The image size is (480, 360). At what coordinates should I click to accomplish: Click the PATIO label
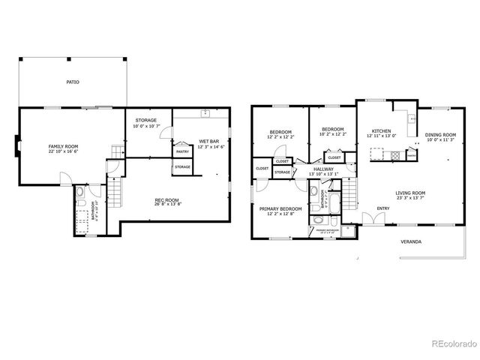tap(72, 82)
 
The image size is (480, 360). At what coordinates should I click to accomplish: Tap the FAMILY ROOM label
tap(63, 145)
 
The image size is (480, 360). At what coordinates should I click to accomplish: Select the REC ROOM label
tap(166, 199)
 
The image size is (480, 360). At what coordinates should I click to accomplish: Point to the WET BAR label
tap(208, 141)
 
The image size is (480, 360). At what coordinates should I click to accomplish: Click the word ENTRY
tap(383, 208)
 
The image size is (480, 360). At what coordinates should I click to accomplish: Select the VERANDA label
tap(409, 242)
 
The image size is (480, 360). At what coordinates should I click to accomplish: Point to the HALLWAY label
tap(324, 169)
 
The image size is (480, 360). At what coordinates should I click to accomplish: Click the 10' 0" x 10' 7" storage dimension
tap(145, 126)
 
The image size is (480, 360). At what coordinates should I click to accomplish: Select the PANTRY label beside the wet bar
tap(182, 151)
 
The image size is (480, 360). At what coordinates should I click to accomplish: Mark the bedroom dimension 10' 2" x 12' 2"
tap(333, 134)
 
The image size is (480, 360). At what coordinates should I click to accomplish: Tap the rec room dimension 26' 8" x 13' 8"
tap(166, 204)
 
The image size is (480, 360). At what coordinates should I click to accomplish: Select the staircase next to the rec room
tap(115, 196)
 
